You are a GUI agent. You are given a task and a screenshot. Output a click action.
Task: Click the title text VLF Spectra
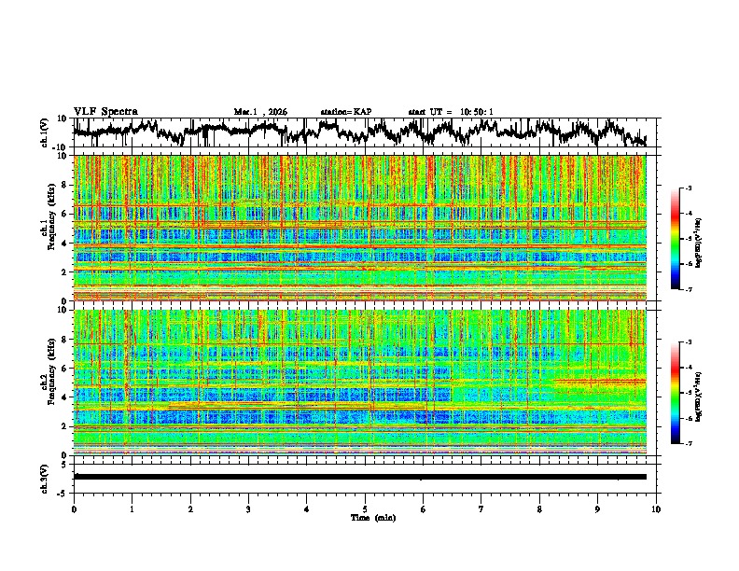pyautogui.click(x=105, y=111)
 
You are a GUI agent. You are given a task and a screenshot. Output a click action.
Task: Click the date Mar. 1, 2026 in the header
pyautogui.click(x=260, y=112)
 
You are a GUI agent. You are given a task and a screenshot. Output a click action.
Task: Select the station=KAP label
pyautogui.click(x=345, y=112)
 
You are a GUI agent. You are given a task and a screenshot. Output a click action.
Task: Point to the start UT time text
pyautogui.click(x=451, y=112)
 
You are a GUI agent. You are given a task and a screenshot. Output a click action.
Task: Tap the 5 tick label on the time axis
pyautogui.click(x=365, y=509)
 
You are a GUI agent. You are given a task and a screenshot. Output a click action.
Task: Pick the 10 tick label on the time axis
pyautogui.click(x=657, y=509)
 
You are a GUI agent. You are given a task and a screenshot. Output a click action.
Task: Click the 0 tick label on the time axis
pyautogui.click(x=74, y=509)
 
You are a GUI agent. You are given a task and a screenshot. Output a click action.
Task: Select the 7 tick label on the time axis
pyautogui.click(x=481, y=509)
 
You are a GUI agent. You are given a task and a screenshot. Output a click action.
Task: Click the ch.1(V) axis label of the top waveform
pyautogui.click(x=44, y=132)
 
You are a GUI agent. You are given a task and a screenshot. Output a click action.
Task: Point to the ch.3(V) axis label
pyautogui.click(x=44, y=477)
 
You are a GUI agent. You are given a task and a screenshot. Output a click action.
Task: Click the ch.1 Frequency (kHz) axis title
pyautogui.click(x=47, y=228)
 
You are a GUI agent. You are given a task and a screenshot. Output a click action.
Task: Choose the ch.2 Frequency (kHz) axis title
pyautogui.click(x=47, y=383)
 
